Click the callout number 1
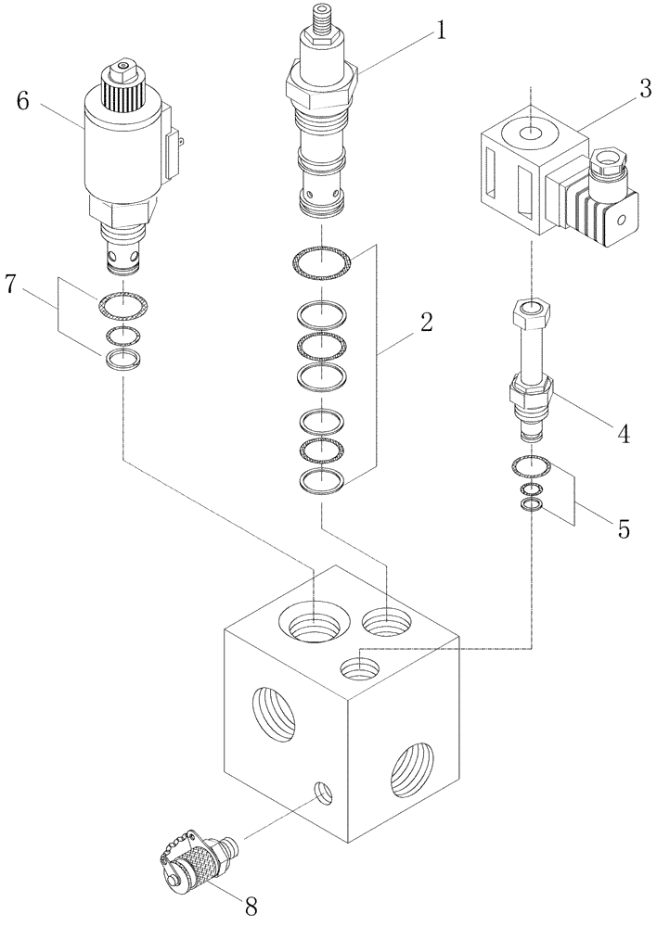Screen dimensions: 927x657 pos(440,31)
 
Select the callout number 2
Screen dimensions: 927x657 pos(426,324)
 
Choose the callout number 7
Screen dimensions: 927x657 pos(11,285)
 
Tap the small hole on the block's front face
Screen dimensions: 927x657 pos(322,793)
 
